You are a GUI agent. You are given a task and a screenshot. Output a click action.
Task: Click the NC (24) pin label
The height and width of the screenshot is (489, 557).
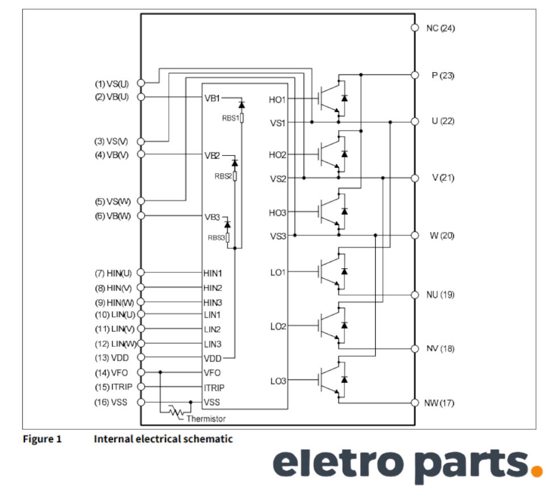tap(440, 28)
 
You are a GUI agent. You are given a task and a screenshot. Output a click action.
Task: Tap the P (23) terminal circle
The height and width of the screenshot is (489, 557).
tap(414, 75)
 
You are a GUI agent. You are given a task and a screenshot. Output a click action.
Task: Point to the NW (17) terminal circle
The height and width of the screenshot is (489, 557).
tap(414, 403)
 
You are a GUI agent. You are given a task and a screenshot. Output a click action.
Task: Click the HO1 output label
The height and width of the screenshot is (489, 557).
tap(278, 100)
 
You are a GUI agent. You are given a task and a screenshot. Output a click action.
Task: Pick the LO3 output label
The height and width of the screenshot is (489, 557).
tap(278, 381)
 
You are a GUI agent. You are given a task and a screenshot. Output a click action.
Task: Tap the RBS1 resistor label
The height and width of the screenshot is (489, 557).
tap(230, 118)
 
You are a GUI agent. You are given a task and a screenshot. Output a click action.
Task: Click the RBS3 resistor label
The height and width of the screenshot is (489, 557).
tap(216, 238)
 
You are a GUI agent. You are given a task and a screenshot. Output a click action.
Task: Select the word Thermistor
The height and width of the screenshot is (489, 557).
tap(206, 419)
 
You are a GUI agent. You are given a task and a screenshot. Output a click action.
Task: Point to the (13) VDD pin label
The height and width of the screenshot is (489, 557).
tap(111, 358)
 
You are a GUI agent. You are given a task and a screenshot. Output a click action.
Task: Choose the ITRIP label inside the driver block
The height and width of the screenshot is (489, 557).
tap(214, 388)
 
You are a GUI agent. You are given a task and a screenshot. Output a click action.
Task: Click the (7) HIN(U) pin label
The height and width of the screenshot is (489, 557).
tap(113, 273)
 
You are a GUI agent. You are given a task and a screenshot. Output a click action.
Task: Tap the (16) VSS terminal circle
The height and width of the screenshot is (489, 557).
tap(141, 403)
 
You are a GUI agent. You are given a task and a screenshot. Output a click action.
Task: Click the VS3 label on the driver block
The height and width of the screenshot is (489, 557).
tap(278, 237)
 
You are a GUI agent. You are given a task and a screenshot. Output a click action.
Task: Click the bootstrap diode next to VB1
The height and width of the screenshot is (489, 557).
tap(241, 105)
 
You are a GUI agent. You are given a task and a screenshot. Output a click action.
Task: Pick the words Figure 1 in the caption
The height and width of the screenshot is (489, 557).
tap(42, 439)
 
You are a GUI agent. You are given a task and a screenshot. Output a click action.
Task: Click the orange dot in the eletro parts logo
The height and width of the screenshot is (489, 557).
tap(535, 470)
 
